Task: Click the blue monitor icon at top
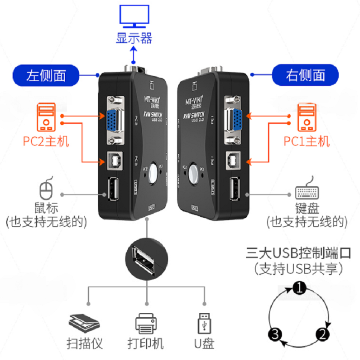134,16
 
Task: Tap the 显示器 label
134,38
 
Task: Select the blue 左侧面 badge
46,75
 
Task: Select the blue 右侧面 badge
306,75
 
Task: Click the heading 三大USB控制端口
297,252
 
